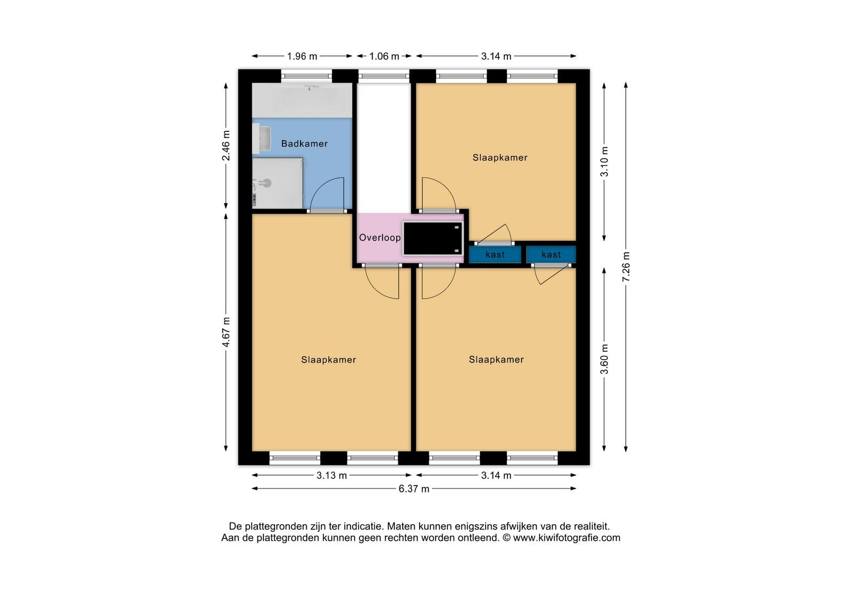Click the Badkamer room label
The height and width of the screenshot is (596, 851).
[304, 144]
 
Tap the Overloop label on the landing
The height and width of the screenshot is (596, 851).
[380, 238]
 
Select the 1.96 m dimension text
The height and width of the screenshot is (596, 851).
[302, 56]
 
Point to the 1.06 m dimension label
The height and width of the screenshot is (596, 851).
[384, 56]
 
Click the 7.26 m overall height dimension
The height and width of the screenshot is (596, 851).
[626, 267]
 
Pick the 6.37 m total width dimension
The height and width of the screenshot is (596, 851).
[414, 489]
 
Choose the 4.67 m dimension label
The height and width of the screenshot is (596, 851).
[226, 332]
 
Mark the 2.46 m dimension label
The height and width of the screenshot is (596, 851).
[226, 146]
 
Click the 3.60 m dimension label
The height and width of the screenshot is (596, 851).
[604, 359]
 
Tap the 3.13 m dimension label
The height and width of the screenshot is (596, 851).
[332, 476]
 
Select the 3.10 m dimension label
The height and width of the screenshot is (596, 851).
[604, 162]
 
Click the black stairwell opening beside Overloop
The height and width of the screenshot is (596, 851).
[433, 238]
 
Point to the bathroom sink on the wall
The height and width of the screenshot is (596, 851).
[262, 138]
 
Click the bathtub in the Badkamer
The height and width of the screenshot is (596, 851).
[302, 101]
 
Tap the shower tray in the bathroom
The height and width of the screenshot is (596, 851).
[278, 183]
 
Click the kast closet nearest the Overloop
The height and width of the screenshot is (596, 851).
[495, 254]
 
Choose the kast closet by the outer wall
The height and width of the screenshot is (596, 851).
[551, 254]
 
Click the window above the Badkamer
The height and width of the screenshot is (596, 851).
[306, 76]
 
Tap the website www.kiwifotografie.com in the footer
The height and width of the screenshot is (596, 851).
[566, 538]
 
